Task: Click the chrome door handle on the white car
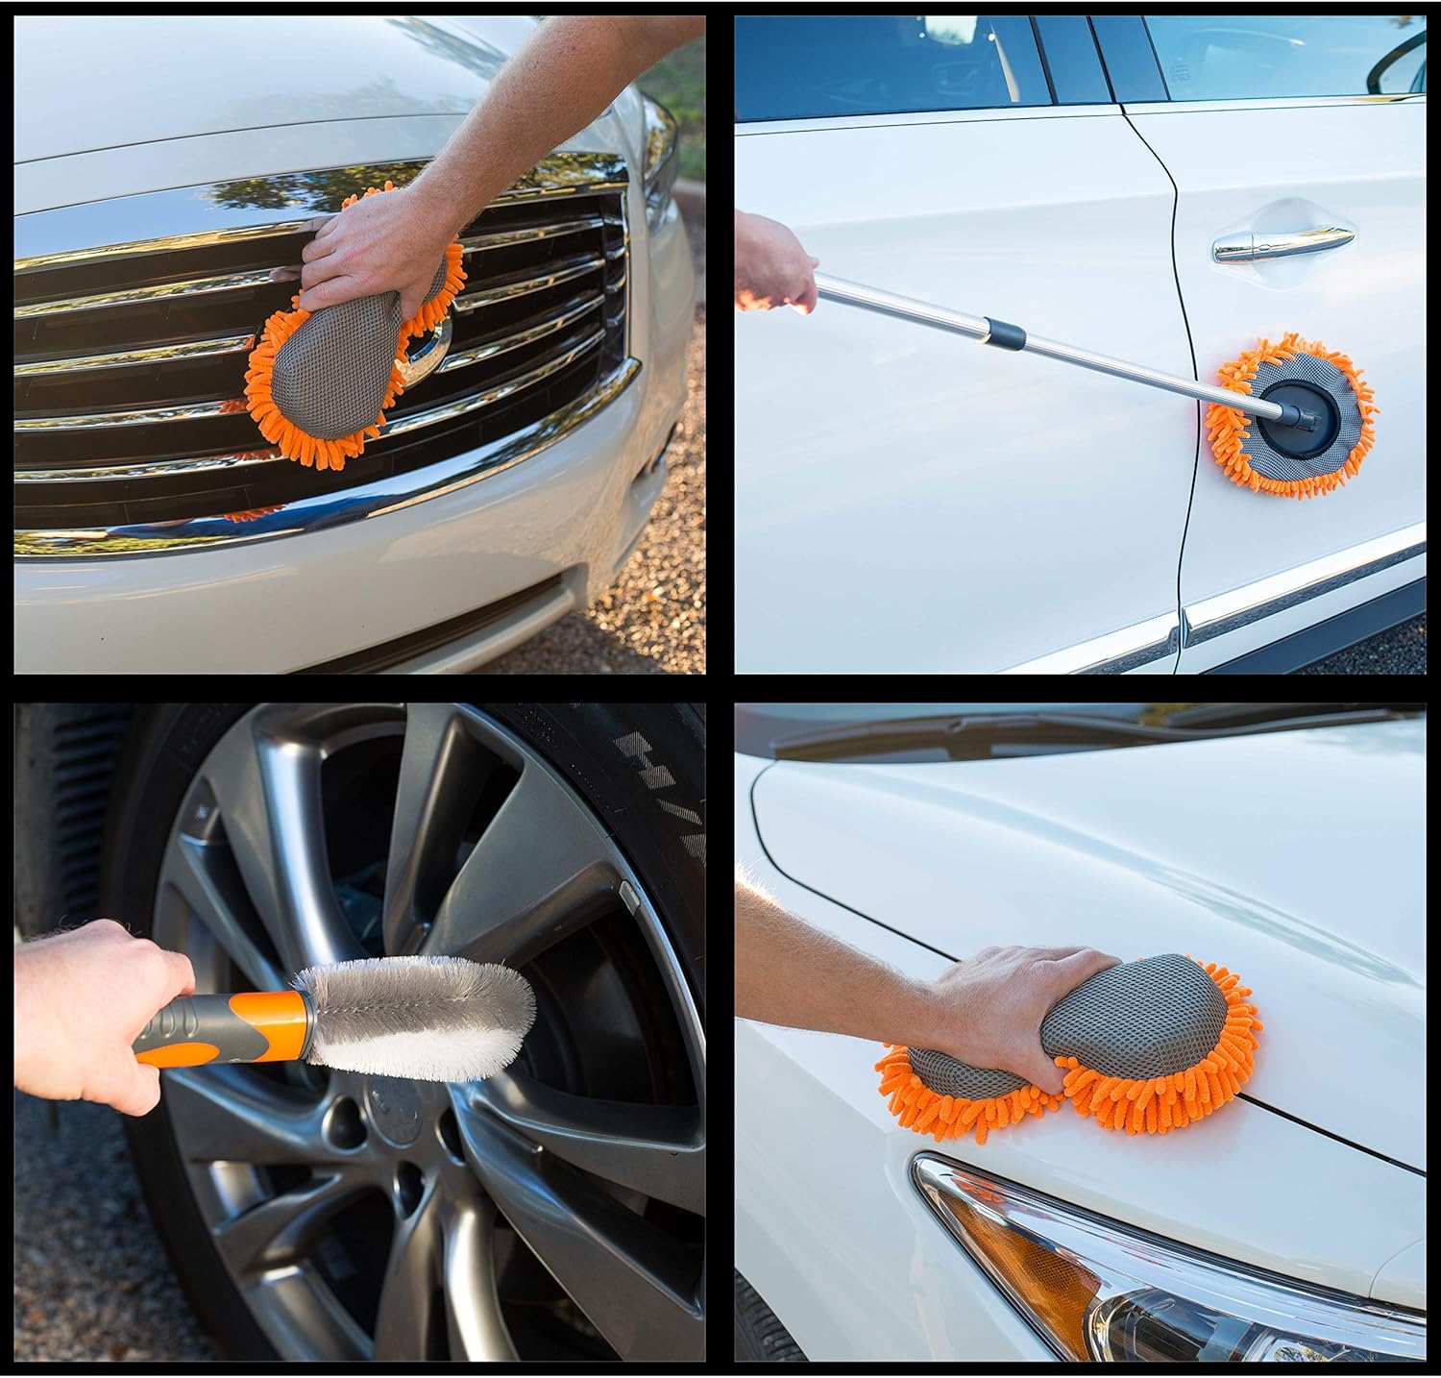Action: [1282, 243]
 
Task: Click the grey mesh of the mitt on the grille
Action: [327, 356]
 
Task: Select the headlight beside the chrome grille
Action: [658, 154]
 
